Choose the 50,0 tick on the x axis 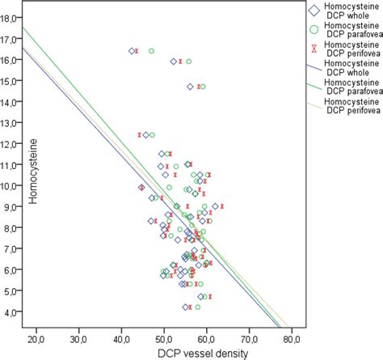point(164,334)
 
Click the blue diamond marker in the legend point(312,11)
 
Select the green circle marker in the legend point(312,30)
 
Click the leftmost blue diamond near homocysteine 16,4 point(132,51)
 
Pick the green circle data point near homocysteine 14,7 point(203,87)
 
